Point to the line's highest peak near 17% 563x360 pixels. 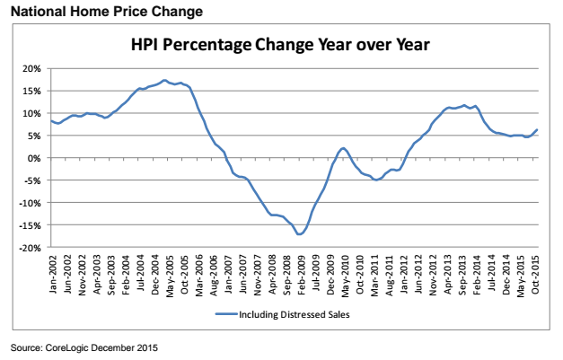click(163, 80)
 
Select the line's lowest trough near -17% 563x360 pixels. click(299, 234)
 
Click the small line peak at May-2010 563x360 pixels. click(343, 148)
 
